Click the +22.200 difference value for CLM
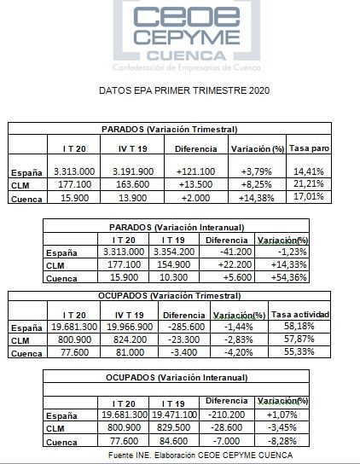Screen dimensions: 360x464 pyautogui.click(x=226, y=265)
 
